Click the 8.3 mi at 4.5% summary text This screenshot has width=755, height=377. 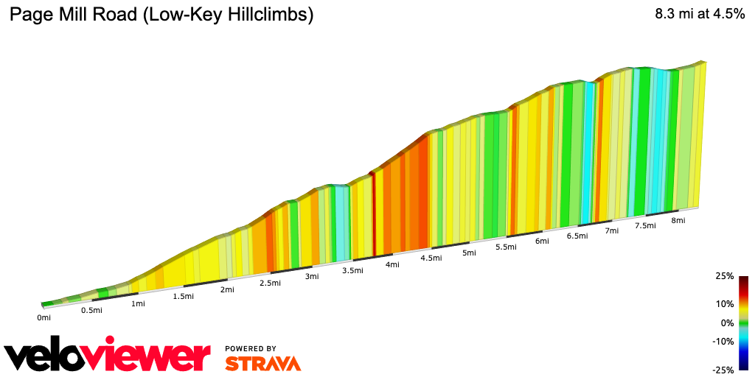[700, 15]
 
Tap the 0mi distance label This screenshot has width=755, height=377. [44, 317]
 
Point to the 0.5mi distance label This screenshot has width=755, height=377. [91, 310]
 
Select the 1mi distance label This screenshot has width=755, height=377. [137, 303]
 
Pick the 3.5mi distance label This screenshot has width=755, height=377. [352, 270]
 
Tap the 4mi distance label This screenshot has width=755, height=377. [392, 264]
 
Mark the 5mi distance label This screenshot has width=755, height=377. [469, 253]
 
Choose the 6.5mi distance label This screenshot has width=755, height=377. [577, 236]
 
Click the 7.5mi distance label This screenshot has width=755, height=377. [645, 226]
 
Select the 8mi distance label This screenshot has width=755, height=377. [678, 221]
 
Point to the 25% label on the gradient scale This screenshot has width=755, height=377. [724, 276]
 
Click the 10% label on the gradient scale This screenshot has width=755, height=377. [724, 303]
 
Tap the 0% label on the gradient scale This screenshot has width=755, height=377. [727, 323]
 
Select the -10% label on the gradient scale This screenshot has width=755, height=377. [723, 341]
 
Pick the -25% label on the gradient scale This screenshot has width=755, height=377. [723, 370]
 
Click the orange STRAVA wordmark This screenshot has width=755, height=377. [262, 364]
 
